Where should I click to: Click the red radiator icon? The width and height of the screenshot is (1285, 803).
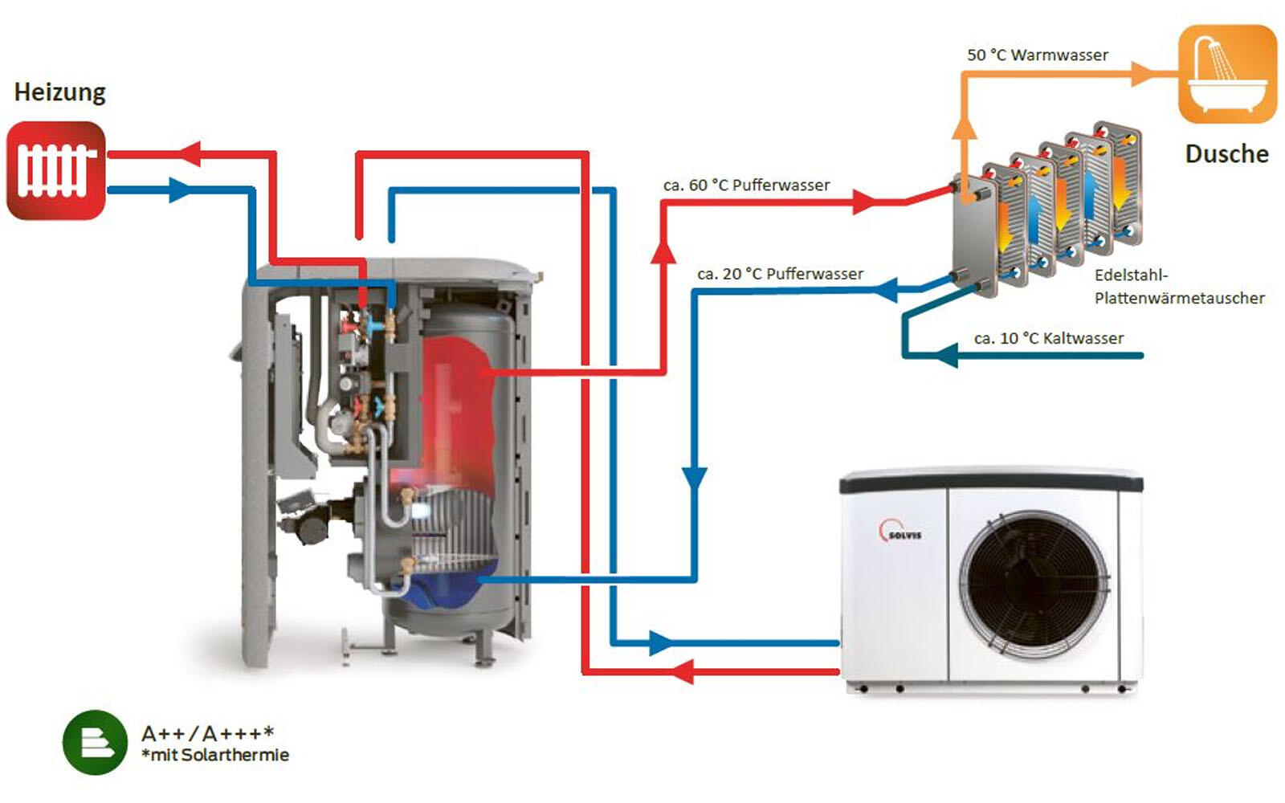coord(56,170)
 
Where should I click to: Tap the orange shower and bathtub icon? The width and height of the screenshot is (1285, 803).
coord(1226,74)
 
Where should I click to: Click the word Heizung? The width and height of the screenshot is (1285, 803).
coord(60,92)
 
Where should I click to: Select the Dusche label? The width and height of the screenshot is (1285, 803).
coord(1226,153)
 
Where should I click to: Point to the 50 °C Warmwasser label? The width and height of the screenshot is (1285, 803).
coord(1037,55)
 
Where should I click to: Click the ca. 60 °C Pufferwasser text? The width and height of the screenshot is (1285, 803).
coord(746,185)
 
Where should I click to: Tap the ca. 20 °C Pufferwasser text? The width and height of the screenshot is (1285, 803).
coord(780,274)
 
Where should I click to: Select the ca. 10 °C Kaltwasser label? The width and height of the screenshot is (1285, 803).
coord(1048,338)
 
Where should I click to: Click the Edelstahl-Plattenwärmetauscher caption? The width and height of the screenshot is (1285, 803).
coord(1178,287)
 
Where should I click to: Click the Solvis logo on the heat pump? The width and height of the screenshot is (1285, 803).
coord(900,531)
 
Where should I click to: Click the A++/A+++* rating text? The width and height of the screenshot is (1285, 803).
coord(207,733)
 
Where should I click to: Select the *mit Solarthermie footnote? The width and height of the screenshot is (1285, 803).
coord(214,755)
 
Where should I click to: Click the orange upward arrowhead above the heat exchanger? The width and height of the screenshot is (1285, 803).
coord(965,128)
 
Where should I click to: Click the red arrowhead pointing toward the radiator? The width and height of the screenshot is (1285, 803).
coord(190,153)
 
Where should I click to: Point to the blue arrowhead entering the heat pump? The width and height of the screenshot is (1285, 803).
coord(660,642)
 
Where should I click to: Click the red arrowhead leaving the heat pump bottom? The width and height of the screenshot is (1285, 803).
coord(683,671)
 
